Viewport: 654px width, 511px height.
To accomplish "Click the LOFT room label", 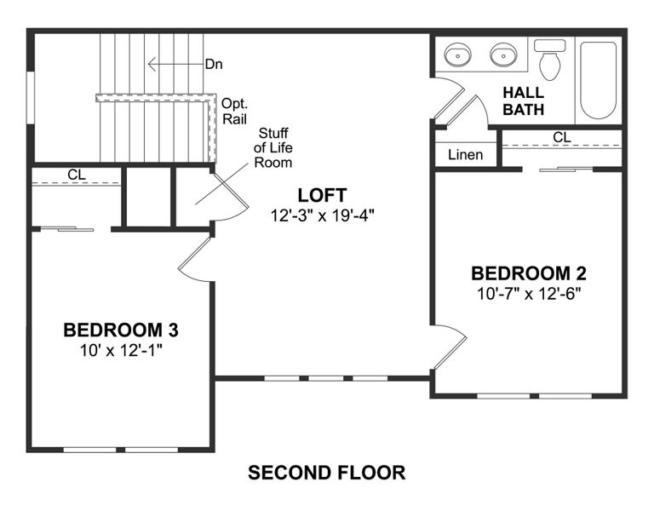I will [321, 195].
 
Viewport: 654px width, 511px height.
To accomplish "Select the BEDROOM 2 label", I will [529, 273].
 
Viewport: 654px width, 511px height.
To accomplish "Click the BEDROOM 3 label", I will [121, 330].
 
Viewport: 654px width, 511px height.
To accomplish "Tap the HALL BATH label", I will [523, 100].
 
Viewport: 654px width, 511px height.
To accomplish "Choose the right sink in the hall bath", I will [503, 55].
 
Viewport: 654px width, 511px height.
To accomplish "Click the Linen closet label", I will [465, 154].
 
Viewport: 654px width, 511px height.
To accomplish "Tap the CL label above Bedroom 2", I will [561, 137].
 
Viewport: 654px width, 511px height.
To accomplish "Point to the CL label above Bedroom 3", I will [77, 175].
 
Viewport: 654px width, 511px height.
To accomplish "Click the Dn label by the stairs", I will [214, 64].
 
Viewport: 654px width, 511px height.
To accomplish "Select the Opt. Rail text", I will [234, 111].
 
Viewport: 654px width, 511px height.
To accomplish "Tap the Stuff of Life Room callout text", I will [274, 146].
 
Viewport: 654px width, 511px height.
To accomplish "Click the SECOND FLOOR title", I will [326, 471].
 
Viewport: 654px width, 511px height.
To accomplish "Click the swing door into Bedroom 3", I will [194, 261].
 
